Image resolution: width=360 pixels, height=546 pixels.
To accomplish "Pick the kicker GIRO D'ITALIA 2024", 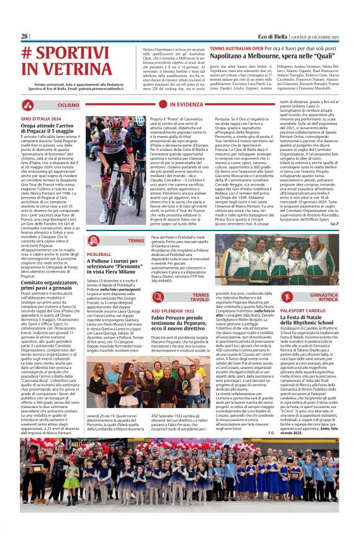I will (42, 118).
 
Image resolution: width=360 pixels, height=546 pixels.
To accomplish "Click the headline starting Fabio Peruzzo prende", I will (186, 321).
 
